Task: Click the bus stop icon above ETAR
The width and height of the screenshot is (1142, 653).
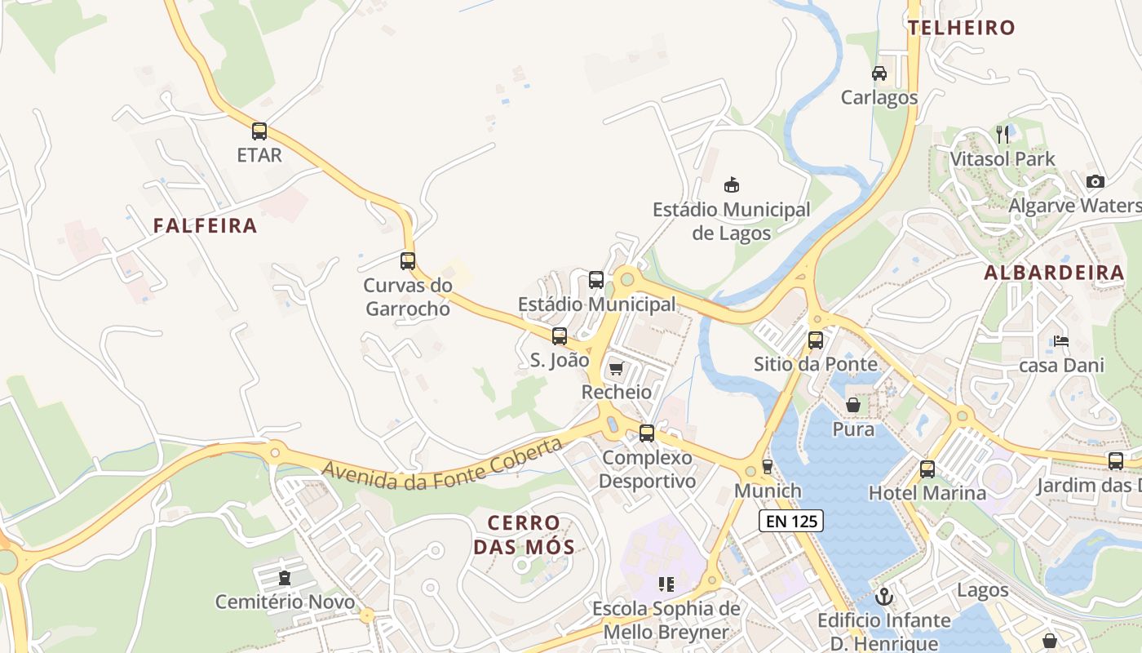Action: [x=259, y=131]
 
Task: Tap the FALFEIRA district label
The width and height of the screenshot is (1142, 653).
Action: [x=205, y=226]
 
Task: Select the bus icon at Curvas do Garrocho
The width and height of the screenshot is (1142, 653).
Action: [x=408, y=261]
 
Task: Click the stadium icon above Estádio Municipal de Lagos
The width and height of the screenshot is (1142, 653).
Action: [x=732, y=185]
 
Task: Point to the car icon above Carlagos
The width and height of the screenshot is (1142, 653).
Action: [x=879, y=73]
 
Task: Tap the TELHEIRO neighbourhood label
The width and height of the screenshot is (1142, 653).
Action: [x=962, y=28]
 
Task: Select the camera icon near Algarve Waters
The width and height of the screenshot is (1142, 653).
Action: [x=1096, y=181]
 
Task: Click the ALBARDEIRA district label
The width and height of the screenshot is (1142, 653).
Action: [x=1054, y=273]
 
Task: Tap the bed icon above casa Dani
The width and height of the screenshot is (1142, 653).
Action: [x=1061, y=341]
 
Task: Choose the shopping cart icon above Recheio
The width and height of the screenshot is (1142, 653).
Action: [x=616, y=369]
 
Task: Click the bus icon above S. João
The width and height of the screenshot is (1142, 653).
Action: [x=560, y=335]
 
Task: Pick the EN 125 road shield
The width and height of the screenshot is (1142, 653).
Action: [x=790, y=521]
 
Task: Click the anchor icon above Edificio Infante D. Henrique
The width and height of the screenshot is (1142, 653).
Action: [x=883, y=597]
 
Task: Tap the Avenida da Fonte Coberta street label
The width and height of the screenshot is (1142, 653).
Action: [x=443, y=464]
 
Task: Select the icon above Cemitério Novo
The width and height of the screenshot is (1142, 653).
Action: [x=285, y=579]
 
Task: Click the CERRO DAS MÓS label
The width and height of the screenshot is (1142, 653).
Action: [x=524, y=535]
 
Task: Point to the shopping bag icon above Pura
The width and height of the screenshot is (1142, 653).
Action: [x=853, y=405]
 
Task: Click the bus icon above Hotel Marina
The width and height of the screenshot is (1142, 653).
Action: [x=927, y=469]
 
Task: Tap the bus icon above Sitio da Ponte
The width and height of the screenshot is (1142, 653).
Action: [x=816, y=340]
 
